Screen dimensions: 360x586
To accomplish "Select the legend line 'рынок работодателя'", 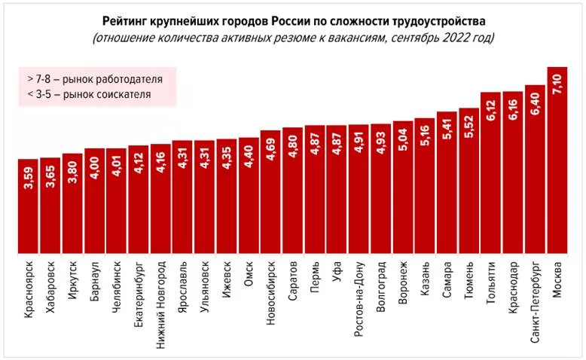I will click(94, 78).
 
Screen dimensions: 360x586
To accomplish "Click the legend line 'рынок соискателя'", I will click(88, 94).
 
